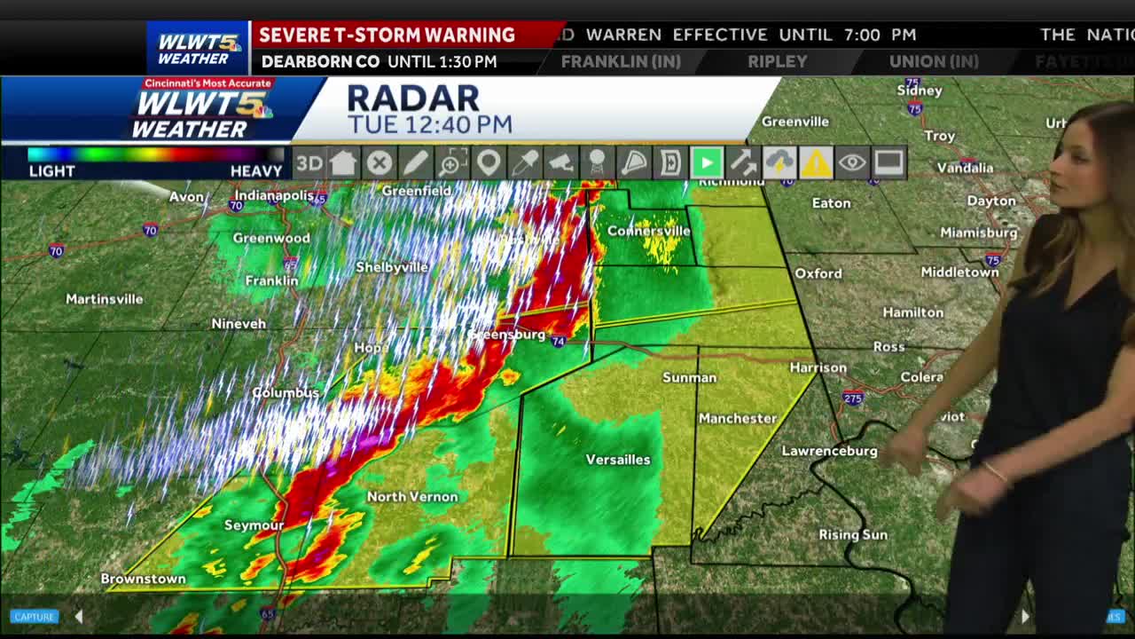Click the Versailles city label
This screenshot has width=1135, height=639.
618,460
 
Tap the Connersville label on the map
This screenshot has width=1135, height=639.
648,231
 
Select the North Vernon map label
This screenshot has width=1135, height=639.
412,497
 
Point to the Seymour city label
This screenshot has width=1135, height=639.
254,525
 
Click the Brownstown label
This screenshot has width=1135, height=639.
143,579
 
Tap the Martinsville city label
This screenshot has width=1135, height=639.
104,299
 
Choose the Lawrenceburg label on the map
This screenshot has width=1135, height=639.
829,451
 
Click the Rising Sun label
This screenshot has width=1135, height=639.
852,534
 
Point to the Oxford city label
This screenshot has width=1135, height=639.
818,273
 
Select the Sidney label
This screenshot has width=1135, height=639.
919,91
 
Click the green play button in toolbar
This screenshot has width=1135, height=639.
707,163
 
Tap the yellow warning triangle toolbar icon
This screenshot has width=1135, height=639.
815,163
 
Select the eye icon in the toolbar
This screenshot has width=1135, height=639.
851,163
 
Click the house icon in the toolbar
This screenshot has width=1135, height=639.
343,163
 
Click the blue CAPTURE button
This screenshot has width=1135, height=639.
35,617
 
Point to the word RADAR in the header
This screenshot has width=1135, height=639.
413,99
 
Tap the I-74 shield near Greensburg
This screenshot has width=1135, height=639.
558,341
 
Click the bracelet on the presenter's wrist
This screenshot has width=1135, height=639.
995,472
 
